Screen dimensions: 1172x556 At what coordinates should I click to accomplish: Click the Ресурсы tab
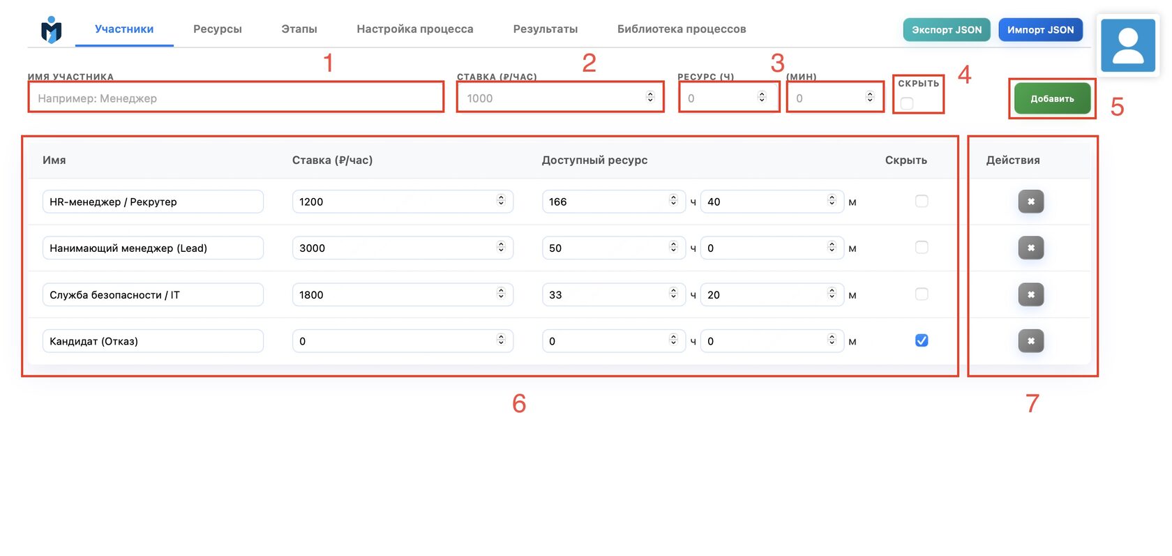[x=217, y=29]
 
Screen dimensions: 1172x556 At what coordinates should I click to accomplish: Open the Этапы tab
[x=299, y=29]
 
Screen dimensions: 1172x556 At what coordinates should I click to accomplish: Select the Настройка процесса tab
[x=415, y=29]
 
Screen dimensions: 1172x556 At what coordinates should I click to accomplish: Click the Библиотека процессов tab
[x=681, y=29]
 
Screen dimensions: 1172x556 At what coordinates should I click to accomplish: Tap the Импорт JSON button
[x=1040, y=30]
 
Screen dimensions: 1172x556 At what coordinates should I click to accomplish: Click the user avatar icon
[x=1127, y=45]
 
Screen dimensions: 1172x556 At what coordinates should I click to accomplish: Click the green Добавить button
[x=1052, y=98]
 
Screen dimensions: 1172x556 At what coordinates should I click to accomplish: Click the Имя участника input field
[x=236, y=97]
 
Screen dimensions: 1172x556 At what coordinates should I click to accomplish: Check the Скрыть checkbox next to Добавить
[x=907, y=103]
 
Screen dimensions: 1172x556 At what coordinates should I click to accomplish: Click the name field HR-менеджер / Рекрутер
[x=153, y=202]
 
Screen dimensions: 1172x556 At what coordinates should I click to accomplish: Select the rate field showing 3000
[x=403, y=248]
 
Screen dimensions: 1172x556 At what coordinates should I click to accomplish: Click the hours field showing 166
[x=613, y=202]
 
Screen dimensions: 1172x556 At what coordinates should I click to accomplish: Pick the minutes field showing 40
[x=772, y=202]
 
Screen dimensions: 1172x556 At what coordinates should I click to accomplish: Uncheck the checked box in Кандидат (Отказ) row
[x=922, y=340]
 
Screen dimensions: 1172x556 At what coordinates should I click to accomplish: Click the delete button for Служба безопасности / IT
[x=1031, y=294]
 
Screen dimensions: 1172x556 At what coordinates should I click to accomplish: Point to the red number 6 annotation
[x=518, y=404]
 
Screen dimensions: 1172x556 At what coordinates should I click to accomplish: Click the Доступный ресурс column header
[x=594, y=160]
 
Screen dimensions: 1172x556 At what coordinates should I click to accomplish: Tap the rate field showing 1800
[x=403, y=294]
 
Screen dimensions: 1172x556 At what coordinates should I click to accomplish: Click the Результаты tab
[x=546, y=29]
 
